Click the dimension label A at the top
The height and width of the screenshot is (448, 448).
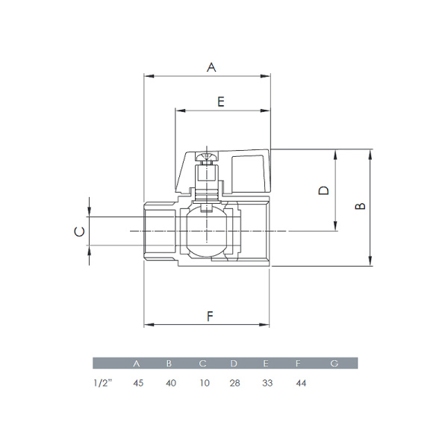coord(211,67)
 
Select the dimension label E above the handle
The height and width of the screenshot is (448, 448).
coord(221,102)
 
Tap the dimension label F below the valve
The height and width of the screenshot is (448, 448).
coord(210,317)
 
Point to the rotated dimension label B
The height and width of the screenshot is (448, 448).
coord(360,205)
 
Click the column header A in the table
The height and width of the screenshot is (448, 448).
coord(136,364)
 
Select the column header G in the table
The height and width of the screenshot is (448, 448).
coord(334,364)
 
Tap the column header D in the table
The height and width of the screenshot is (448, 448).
coord(234,364)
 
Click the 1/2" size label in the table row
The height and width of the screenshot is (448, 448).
coord(102,383)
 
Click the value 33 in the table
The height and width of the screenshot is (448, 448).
coord(267,383)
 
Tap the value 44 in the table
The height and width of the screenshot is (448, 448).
coord(299,383)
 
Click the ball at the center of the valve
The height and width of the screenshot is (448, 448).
coord(206,231)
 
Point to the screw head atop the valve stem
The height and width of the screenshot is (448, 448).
coord(205,158)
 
